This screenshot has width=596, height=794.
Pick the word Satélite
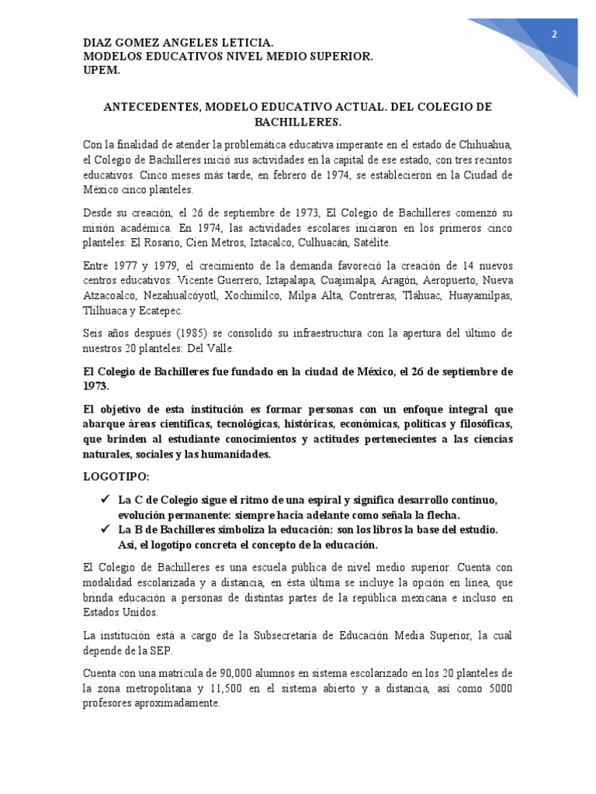[x=377, y=243]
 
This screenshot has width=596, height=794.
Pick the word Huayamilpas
[x=481, y=295]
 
